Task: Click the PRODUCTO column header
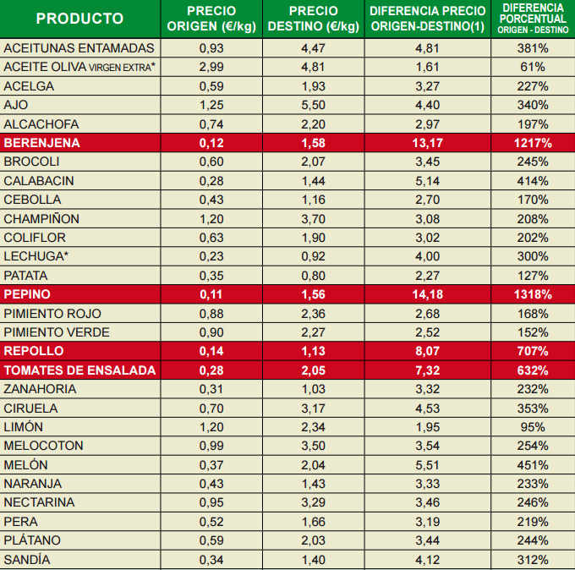click(79, 19)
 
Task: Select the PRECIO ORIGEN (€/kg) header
click(211, 19)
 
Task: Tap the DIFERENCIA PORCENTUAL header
click(533, 19)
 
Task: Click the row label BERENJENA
click(41, 143)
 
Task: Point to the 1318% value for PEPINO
click(533, 294)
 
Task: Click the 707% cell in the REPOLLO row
click(533, 351)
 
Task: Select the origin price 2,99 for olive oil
click(211, 67)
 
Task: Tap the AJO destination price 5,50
click(313, 105)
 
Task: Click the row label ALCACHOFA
click(42, 123)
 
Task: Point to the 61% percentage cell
click(533, 67)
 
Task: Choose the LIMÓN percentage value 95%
click(533, 427)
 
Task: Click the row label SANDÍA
click(27, 559)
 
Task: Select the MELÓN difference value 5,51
click(428, 464)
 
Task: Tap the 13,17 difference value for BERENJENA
click(428, 143)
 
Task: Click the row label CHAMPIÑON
click(41, 218)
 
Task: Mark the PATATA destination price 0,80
click(313, 275)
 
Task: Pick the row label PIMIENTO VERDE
click(57, 332)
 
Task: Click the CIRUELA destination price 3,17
click(313, 408)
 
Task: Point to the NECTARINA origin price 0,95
click(211, 502)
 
